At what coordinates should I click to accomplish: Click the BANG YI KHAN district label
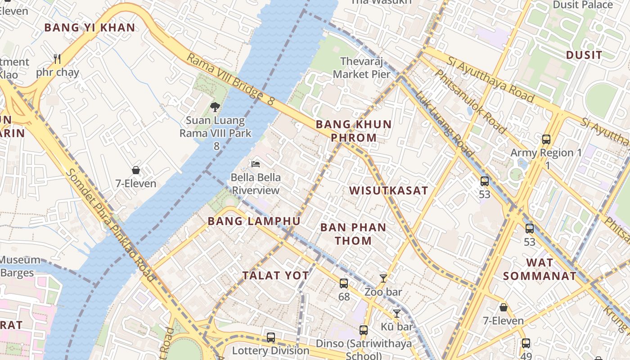(x=90, y=27)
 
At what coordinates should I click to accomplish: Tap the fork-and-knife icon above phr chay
(x=57, y=59)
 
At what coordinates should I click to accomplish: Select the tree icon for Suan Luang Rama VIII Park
(x=215, y=107)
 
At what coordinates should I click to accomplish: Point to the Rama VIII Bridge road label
(x=230, y=80)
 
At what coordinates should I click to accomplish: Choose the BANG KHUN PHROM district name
(x=353, y=131)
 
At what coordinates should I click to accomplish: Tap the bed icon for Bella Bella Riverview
(x=256, y=164)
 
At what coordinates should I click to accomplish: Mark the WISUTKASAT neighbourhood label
(x=389, y=190)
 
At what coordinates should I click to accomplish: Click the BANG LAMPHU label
(x=254, y=221)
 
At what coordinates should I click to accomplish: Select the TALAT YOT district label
(x=275, y=275)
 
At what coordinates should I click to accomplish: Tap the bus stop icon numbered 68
(x=344, y=283)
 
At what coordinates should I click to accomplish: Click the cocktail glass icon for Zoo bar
(x=383, y=279)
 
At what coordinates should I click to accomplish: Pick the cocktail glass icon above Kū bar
(x=396, y=313)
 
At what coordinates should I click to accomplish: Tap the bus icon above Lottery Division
(x=270, y=337)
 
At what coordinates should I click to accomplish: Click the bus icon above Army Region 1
(x=546, y=139)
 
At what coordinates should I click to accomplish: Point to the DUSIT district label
(x=584, y=55)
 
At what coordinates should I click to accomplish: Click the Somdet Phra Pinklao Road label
(x=110, y=225)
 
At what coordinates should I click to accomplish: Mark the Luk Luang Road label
(x=444, y=124)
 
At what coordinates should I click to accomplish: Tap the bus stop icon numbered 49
(x=526, y=343)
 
